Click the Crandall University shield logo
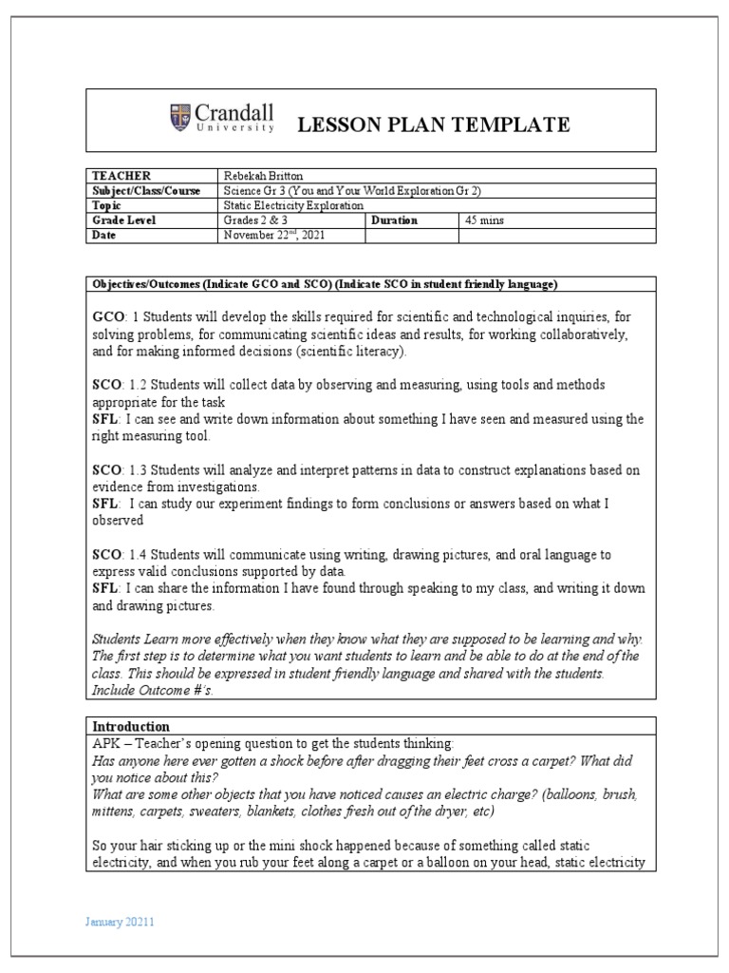(180, 117)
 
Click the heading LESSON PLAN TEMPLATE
(435, 124)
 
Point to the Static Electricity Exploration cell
(293, 205)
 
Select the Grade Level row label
(123, 219)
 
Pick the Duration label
(397, 219)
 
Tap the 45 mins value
(484, 219)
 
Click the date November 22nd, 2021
(274, 235)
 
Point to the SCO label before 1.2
(107, 385)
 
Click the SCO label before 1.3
(107, 470)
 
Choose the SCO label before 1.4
(107, 554)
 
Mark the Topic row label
(107, 205)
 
